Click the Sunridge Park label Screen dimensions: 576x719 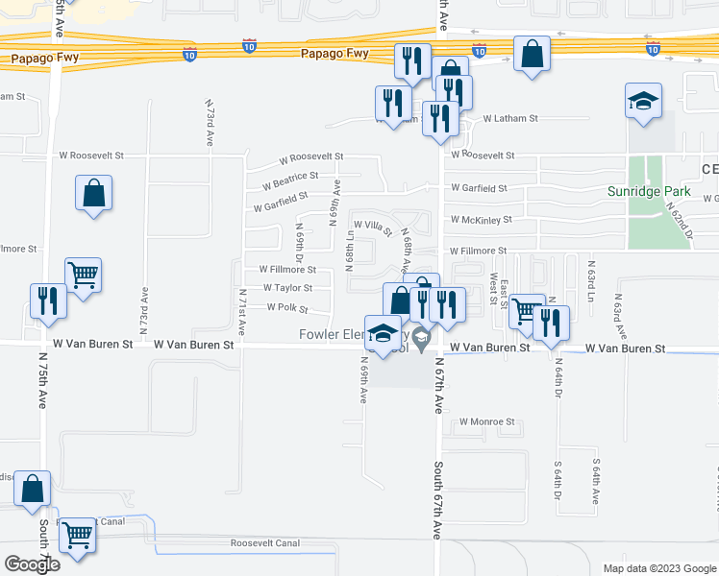click(x=648, y=191)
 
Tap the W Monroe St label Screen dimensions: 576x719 click(x=487, y=421)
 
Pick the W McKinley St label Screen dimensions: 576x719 click(x=481, y=220)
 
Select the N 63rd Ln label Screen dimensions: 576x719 click(x=592, y=279)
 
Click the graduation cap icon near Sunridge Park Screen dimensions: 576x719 click(x=643, y=101)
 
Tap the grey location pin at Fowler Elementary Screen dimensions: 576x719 click(x=419, y=338)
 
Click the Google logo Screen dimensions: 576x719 click(x=32, y=564)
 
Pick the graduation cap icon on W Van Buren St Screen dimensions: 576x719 click(x=384, y=332)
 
